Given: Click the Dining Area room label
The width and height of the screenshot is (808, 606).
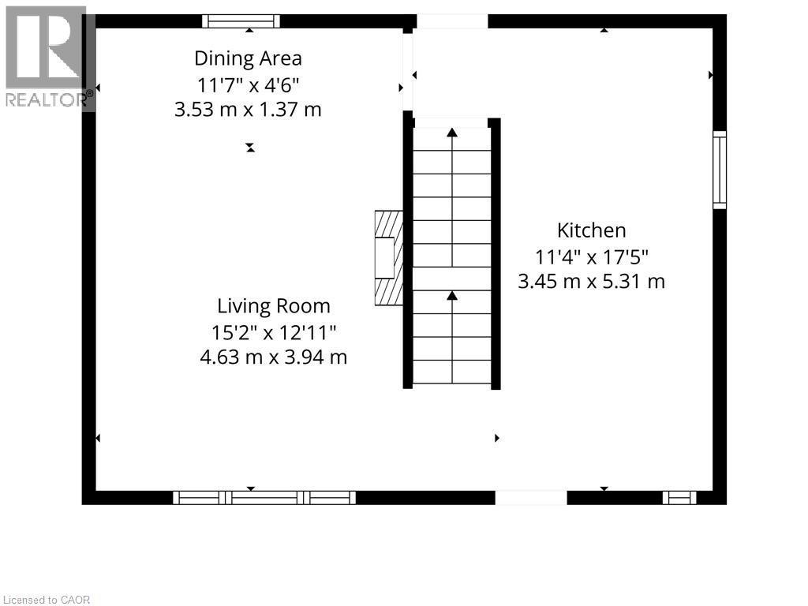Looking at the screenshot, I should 248,58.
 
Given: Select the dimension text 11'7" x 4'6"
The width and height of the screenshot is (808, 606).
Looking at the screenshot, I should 248,84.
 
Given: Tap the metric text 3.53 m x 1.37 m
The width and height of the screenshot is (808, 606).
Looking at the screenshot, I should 248,110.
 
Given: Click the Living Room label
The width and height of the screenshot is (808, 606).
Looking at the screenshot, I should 274,306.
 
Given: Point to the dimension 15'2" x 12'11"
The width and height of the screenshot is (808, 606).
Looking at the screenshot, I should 274,331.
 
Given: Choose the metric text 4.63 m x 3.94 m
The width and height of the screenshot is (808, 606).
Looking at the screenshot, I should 274,357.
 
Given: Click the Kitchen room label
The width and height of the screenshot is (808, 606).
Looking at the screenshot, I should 591,230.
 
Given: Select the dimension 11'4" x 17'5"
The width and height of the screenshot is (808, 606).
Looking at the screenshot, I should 591,256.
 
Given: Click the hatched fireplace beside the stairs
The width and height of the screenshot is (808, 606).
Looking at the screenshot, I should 388,257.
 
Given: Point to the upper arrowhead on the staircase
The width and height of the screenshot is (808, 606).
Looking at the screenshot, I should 452,133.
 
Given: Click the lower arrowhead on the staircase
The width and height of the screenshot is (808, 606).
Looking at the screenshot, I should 452,295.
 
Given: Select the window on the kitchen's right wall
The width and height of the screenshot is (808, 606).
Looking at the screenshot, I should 719,170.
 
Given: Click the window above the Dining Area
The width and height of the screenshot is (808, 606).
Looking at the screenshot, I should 241,21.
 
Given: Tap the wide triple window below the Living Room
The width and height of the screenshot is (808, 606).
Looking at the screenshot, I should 264,497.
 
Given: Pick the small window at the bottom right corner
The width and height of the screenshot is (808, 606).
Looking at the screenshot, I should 679,497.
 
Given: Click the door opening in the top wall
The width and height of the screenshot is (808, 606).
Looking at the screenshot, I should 452,21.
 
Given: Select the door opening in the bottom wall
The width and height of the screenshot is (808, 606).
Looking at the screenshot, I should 530,497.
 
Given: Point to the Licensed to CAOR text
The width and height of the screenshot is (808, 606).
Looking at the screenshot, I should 47,600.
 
